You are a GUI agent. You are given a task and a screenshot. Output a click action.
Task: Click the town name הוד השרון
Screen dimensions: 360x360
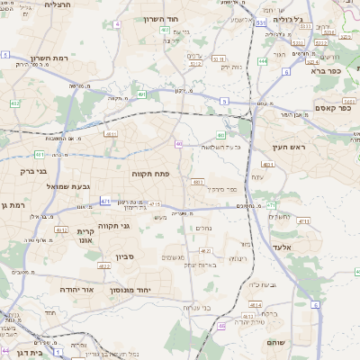(x=161, y=18)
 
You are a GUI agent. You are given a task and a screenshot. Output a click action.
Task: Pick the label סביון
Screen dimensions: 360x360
(x=124, y=256)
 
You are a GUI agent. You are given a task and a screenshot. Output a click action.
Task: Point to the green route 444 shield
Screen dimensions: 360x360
(x=262, y=61)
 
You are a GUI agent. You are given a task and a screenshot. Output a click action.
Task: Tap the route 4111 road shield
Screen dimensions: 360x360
(x=303, y=220)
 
